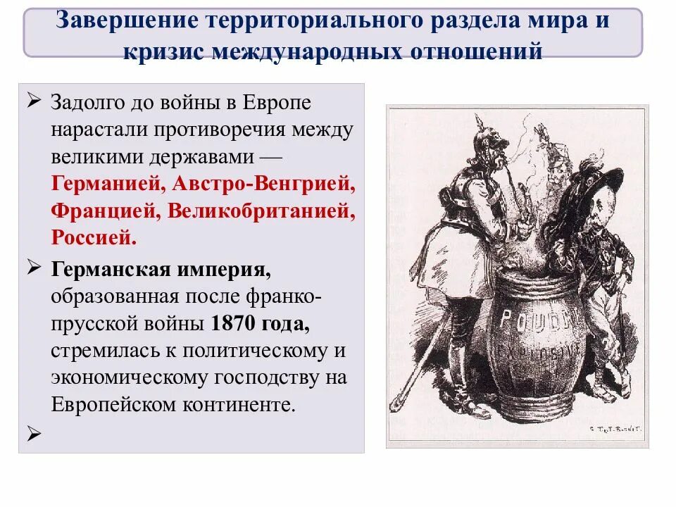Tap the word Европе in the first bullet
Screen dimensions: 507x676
pyautogui.click(x=277, y=103)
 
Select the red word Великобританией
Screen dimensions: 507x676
pyautogui.click(x=258, y=211)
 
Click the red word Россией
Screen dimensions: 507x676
pyautogui.click(x=94, y=237)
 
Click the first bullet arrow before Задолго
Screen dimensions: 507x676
pyautogui.click(x=33, y=102)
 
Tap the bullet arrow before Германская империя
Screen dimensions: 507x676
pyautogui.click(x=33, y=268)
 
